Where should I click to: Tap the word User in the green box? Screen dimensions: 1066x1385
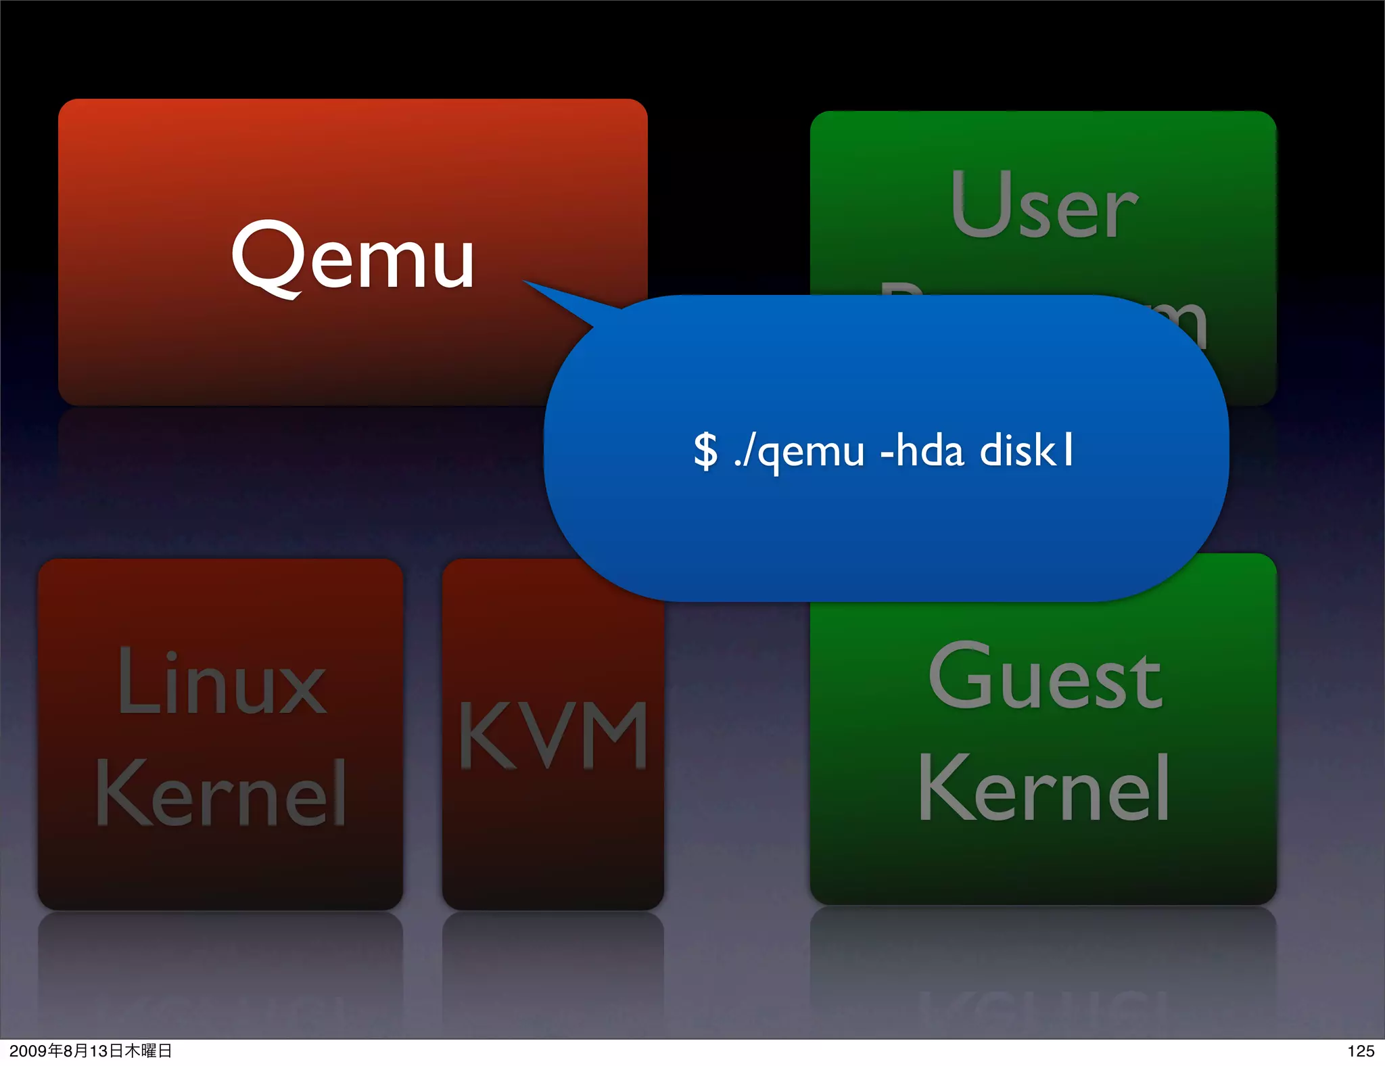[x=1043, y=206]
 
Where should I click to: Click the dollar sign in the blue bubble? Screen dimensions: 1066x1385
[x=705, y=451]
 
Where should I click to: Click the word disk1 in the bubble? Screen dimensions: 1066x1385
[x=1027, y=450]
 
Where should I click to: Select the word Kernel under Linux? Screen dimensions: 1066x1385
[x=220, y=793]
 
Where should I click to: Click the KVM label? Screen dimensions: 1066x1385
[x=553, y=736]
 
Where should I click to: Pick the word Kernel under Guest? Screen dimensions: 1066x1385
[x=1043, y=789]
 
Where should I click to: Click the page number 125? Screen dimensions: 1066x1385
[x=1360, y=1051]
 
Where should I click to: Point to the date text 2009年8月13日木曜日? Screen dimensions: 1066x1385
[x=91, y=1051]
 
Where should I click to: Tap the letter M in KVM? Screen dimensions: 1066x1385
[x=613, y=736]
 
